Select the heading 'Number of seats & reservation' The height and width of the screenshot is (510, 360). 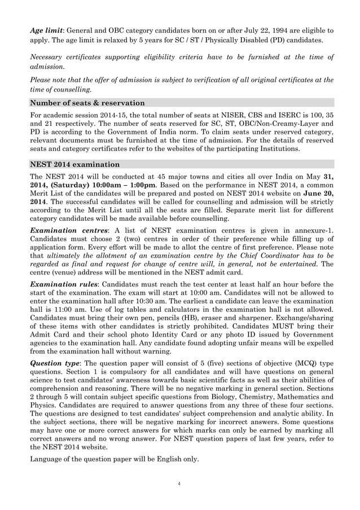click(87, 103)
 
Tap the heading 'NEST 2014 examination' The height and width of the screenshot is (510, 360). click(74, 164)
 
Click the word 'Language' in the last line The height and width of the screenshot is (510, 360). click(49, 459)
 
